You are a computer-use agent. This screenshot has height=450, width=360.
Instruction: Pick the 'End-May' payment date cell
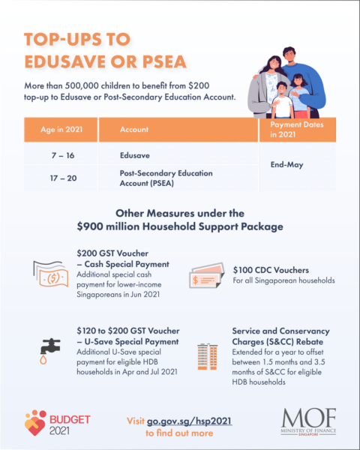click(287, 164)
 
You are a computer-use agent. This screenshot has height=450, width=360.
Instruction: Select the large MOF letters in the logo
click(309, 417)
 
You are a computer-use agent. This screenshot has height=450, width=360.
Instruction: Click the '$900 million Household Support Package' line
click(180, 225)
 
